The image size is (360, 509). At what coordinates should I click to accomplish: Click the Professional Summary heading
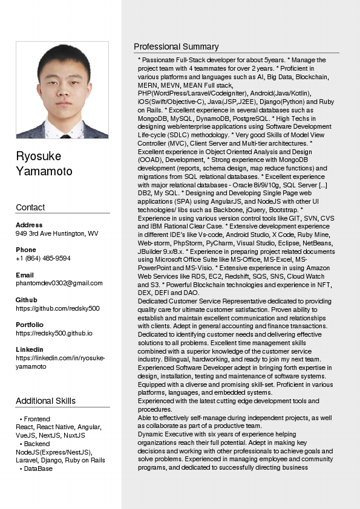click(176, 47)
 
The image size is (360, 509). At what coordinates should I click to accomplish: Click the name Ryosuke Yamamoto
click(44, 164)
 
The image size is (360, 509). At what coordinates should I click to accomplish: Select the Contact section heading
click(30, 207)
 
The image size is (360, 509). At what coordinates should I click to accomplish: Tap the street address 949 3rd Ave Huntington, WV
click(57, 233)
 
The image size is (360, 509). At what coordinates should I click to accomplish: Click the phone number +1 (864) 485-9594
click(43, 258)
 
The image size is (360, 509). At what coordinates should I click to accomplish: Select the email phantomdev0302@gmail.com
click(59, 283)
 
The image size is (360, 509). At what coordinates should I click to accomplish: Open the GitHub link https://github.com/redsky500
click(57, 308)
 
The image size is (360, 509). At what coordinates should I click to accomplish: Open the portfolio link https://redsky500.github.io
click(54, 333)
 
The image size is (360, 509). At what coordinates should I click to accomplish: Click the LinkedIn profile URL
click(60, 362)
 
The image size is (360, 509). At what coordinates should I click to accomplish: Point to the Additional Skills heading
click(45, 401)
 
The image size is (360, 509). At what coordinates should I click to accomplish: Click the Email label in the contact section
click(24, 275)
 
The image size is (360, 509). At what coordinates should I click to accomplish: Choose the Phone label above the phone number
click(26, 250)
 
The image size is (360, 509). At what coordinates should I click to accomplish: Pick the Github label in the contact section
click(26, 300)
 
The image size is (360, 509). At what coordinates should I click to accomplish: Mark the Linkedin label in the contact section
click(29, 349)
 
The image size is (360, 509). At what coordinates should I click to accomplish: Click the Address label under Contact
click(29, 225)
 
